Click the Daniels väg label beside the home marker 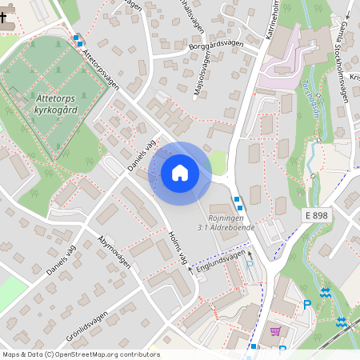point(141,154)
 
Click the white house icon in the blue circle point(180,173)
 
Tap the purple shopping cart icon point(275,332)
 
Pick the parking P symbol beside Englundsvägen point(249,265)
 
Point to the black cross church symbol point(5,18)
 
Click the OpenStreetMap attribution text point(80,354)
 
